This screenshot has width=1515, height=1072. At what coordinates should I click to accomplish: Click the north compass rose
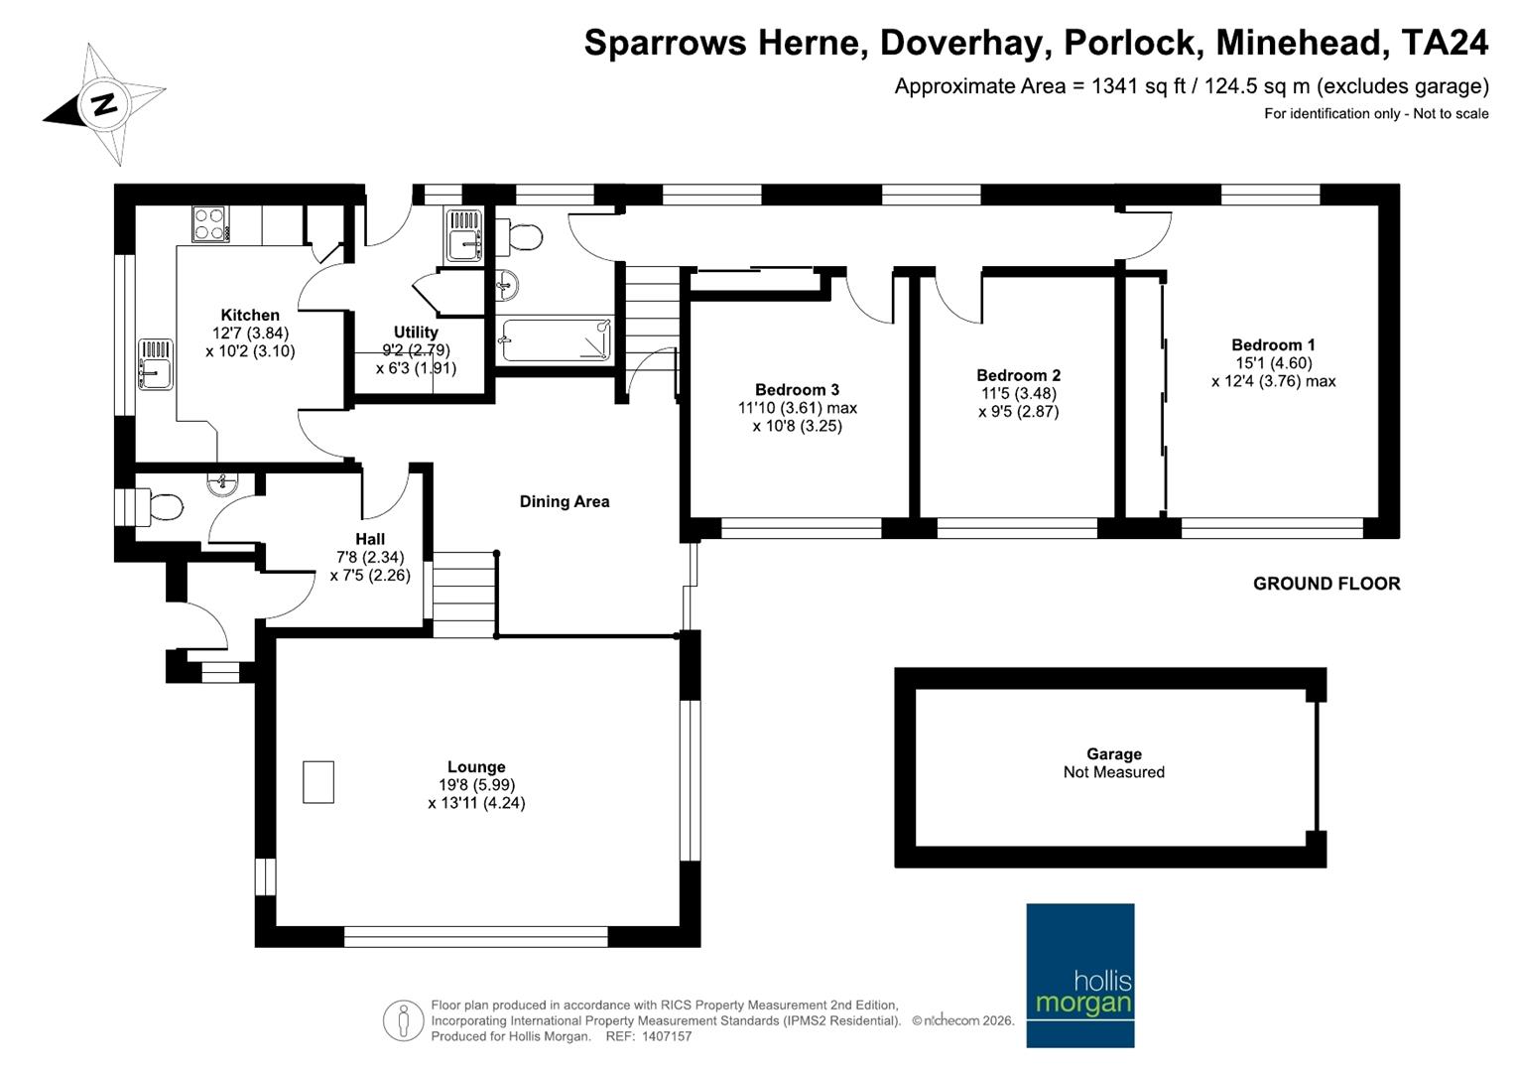(104, 103)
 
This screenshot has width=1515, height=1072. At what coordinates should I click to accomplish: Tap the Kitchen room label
(250, 315)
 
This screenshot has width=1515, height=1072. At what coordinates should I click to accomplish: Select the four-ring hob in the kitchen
(209, 224)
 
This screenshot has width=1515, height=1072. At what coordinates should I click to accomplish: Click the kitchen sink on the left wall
(155, 363)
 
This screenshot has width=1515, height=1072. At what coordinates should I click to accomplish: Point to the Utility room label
(416, 332)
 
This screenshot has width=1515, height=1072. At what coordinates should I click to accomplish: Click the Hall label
(369, 539)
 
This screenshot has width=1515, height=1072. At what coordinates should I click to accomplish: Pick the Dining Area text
(565, 501)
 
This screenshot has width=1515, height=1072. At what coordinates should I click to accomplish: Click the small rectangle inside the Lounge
(317, 782)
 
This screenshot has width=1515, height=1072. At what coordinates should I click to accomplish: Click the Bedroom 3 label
(797, 389)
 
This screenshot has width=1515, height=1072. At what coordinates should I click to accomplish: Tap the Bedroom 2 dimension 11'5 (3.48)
(1018, 393)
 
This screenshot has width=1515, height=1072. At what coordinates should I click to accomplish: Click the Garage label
(1113, 754)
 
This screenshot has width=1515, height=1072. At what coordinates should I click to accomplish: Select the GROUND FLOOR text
(1326, 584)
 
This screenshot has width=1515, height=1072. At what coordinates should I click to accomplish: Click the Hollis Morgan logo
(1079, 975)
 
